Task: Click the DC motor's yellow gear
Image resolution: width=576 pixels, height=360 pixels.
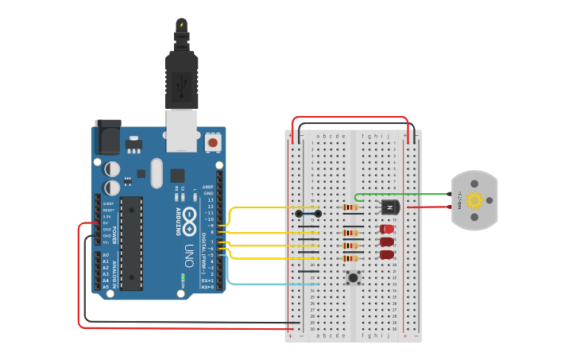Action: click(x=474, y=200)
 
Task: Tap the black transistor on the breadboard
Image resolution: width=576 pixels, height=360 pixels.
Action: click(x=389, y=207)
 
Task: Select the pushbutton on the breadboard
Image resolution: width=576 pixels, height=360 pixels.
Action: click(x=354, y=277)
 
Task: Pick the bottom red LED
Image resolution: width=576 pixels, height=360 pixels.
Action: click(x=387, y=255)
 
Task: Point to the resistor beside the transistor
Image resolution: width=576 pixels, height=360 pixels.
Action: click(x=350, y=207)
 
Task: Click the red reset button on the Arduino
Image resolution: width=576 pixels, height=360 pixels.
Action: click(x=213, y=143)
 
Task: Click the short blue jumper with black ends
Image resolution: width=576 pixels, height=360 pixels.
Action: click(x=308, y=213)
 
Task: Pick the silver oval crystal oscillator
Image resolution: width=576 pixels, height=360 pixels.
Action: click(x=155, y=173)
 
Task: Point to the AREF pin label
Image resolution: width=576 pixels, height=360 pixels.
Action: click(x=209, y=188)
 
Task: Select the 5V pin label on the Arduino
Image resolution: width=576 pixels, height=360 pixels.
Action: click(x=106, y=223)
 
